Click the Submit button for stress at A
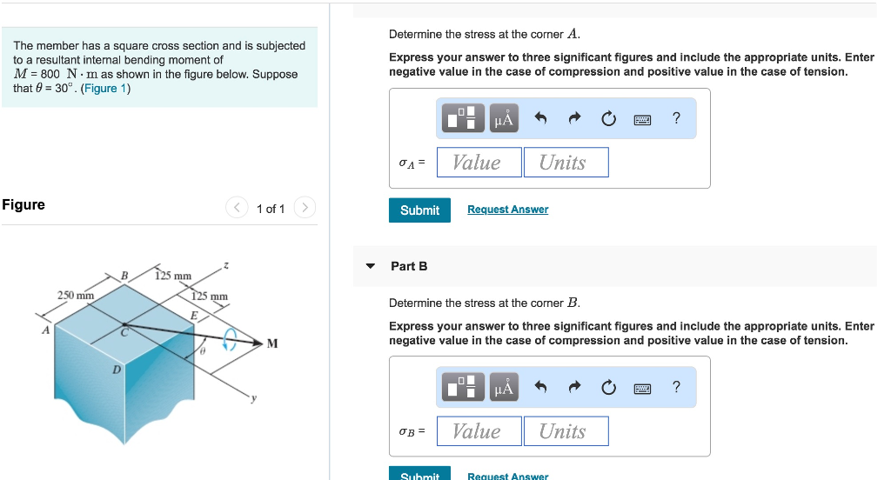419,210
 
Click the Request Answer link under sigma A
507,210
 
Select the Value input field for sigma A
478,163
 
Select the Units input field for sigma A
566,163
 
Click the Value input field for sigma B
478,431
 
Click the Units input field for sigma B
566,431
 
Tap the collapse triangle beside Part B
372,266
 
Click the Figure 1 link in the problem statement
105,89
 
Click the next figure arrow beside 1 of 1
304,208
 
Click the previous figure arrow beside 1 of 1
237,208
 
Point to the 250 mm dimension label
76,296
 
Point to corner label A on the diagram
44,330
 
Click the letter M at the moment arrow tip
272,343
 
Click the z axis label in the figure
226,263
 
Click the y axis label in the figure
254,399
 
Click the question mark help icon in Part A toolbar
676,118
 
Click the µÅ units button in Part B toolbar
504,387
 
